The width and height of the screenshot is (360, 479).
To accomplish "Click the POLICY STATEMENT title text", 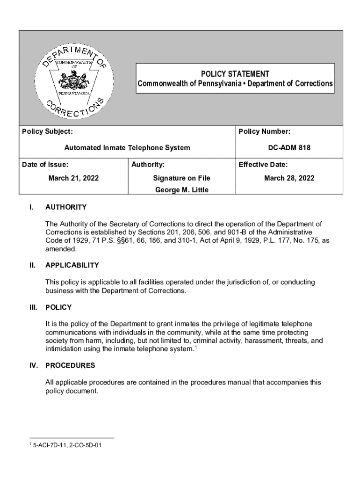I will click(x=235, y=74).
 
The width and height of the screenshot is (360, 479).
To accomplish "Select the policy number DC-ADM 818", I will click(x=289, y=148).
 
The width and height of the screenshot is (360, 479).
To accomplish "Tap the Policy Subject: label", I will click(x=47, y=132).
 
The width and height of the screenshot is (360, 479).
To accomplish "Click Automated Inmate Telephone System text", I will click(x=127, y=148).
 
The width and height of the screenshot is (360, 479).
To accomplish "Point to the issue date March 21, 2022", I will click(x=73, y=178).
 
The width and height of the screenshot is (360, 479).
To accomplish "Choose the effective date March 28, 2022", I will click(x=289, y=178).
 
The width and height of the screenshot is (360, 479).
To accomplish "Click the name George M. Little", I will click(x=181, y=189).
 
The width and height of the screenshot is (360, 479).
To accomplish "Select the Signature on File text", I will click(x=181, y=178).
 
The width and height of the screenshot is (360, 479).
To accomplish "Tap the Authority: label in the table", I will click(x=148, y=165).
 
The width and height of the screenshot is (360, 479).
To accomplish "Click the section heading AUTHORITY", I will click(x=66, y=207).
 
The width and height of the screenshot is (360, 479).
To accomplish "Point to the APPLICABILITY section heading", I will click(x=72, y=265).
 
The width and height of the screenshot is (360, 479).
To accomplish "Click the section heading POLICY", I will click(x=58, y=307).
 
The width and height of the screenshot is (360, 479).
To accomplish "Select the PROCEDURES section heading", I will click(x=70, y=365).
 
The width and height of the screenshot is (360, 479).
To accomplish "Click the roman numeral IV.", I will click(x=33, y=365).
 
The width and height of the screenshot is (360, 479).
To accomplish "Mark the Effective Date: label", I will click(x=263, y=165).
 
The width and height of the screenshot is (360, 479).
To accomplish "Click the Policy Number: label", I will click(x=264, y=132).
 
